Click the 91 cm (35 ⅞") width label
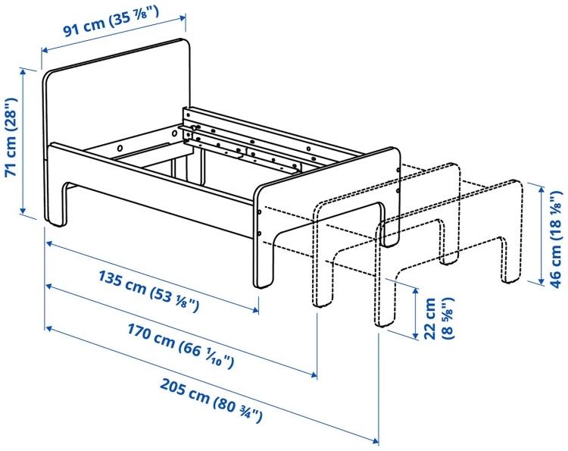[111, 21]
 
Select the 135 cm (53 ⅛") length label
[149, 291]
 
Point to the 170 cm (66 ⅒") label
[180, 346]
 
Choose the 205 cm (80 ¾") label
[211, 400]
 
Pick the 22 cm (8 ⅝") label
[438, 318]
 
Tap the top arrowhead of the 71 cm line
[24, 72]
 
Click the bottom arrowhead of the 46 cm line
[541, 280]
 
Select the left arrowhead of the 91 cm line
[45, 50]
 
